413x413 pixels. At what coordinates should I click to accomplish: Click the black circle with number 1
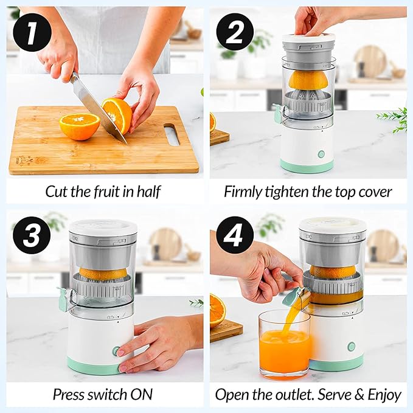(32, 32)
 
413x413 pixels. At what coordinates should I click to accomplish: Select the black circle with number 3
(32, 235)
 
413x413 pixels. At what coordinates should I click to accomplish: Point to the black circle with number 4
(235, 235)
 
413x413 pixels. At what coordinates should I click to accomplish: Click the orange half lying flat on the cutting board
(80, 127)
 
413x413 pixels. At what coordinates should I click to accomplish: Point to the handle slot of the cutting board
(172, 134)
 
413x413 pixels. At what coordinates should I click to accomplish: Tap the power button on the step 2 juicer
(321, 154)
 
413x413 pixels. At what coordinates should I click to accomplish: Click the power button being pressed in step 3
(116, 350)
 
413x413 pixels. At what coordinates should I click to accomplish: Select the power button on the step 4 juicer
(351, 346)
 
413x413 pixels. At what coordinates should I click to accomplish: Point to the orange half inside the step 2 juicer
(308, 80)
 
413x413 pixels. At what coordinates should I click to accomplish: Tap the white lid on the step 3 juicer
(103, 226)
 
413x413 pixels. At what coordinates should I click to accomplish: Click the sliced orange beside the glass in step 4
(218, 310)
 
